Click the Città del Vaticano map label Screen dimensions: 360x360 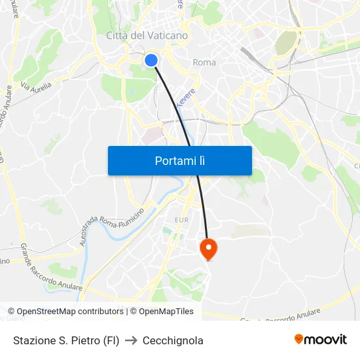147,35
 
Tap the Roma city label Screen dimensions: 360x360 204,63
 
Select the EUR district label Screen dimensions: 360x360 181,221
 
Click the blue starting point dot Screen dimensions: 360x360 151,60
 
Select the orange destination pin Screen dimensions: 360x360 207,248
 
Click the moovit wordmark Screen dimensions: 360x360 325,339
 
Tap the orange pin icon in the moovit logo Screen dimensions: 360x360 299,339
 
